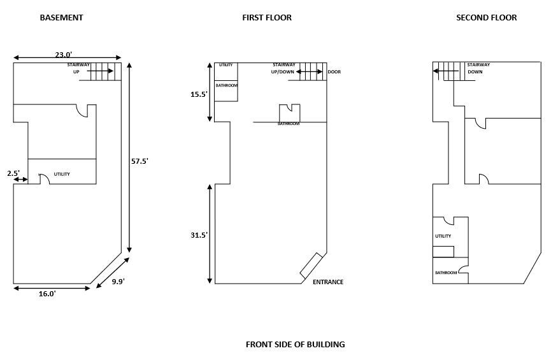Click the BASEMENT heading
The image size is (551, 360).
pyautogui.click(x=62, y=18)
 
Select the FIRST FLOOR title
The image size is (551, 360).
pyautogui.click(x=267, y=18)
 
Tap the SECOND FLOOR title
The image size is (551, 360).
pyautogui.click(x=486, y=18)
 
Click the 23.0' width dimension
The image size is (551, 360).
pyautogui.click(x=64, y=55)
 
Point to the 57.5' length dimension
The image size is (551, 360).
pyautogui.click(x=140, y=161)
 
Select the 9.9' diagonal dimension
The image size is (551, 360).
pyautogui.click(x=118, y=282)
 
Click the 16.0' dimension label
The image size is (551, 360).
pyautogui.click(x=47, y=294)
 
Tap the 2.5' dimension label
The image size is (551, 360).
pyautogui.click(x=13, y=173)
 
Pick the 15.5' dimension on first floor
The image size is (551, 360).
pyautogui.click(x=199, y=94)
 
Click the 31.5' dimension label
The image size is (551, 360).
pyautogui.click(x=199, y=235)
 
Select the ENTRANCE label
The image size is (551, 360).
pyautogui.click(x=328, y=282)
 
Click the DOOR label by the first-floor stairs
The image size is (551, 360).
pyautogui.click(x=334, y=72)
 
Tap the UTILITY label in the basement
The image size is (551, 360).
pyautogui.click(x=62, y=174)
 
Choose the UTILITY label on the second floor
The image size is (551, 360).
pyautogui.click(x=443, y=236)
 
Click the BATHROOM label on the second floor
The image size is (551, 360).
pyautogui.click(x=446, y=273)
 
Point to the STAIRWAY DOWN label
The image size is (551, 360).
pyautogui.click(x=478, y=68)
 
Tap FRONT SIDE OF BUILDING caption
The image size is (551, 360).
pyautogui.click(x=295, y=344)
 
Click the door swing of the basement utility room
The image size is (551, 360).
pyautogui.click(x=43, y=178)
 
